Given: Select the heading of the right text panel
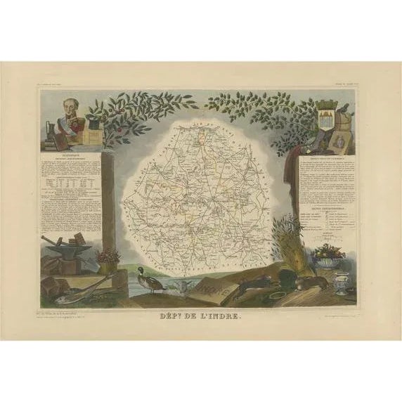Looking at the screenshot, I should [x=327, y=161].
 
